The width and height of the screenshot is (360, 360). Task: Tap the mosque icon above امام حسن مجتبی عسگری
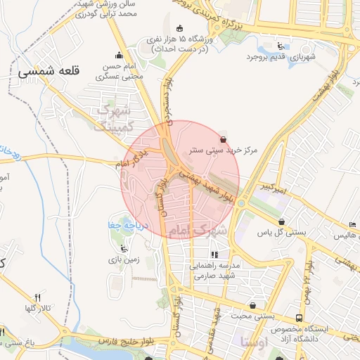[118, 56]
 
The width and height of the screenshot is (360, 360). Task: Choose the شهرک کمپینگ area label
[114, 117]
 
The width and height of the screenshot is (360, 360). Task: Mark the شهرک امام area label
[198, 231]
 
